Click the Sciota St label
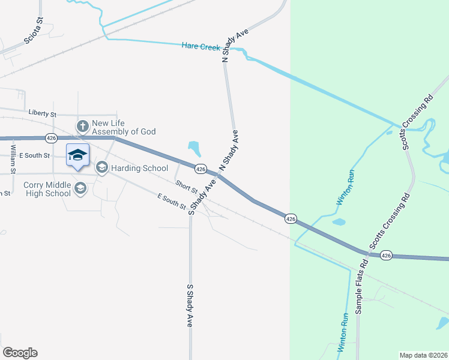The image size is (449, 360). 32,33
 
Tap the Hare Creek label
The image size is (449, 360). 202,46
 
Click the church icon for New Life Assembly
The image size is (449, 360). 82,126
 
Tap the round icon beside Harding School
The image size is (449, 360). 101,167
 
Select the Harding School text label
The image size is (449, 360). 139,168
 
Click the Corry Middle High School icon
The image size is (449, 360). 80,189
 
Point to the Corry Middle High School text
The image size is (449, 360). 47,189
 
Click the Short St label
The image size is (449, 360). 187,187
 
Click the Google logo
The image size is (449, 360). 20,353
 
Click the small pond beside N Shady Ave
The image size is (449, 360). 194,148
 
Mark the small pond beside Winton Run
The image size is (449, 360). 339,222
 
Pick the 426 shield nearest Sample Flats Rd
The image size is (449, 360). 386,255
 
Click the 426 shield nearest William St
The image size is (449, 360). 52,138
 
